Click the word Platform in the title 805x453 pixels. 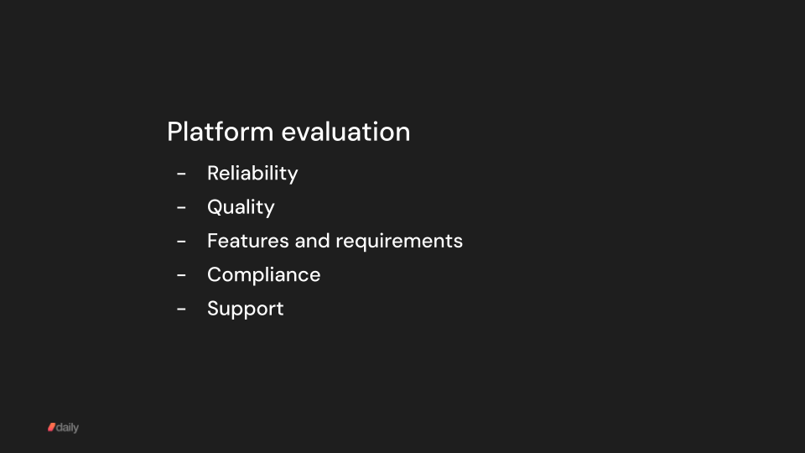(221, 133)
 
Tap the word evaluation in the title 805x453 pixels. (345, 133)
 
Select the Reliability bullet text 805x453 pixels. (252, 174)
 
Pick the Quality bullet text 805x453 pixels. (241, 207)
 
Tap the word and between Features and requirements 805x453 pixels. (312, 241)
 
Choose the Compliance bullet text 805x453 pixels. (263, 275)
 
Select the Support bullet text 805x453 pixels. (245, 310)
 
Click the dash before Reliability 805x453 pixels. (181, 174)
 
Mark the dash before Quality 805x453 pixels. (181, 207)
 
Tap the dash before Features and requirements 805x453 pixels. (181, 242)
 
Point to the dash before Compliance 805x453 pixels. (181, 275)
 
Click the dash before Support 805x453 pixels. (181, 310)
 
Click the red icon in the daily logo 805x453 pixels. (51, 428)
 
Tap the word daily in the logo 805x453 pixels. (68, 428)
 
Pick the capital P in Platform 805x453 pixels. (174, 133)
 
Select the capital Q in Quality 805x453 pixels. (215, 207)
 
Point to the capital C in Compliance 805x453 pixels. (215, 275)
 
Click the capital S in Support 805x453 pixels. (213, 309)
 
